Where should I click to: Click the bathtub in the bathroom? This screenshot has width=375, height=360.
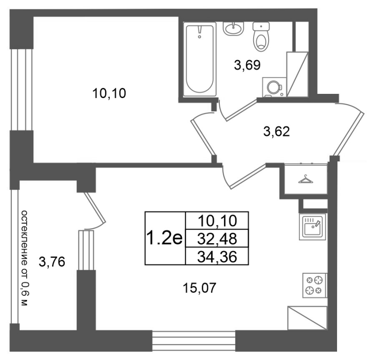click(x=200, y=60)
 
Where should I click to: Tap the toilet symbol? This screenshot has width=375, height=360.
click(x=261, y=37)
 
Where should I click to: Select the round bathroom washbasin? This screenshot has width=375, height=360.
click(x=233, y=29)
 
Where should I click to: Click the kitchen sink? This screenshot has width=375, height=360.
click(x=312, y=227)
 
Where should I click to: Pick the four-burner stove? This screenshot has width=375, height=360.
click(x=315, y=285)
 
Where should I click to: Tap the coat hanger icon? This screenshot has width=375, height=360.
click(x=306, y=179)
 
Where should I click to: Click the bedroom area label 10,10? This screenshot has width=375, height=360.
click(x=109, y=93)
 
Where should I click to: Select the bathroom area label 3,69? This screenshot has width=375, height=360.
click(x=247, y=65)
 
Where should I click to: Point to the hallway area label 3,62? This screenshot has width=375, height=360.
click(x=277, y=131)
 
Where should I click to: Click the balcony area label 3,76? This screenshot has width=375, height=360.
click(x=52, y=262)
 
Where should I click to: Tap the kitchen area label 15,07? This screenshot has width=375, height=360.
click(x=200, y=288)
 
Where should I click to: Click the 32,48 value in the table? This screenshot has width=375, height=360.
click(x=217, y=239)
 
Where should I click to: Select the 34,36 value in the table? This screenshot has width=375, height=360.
click(x=217, y=257)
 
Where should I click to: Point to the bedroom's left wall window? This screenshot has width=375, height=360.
click(x=22, y=90)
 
